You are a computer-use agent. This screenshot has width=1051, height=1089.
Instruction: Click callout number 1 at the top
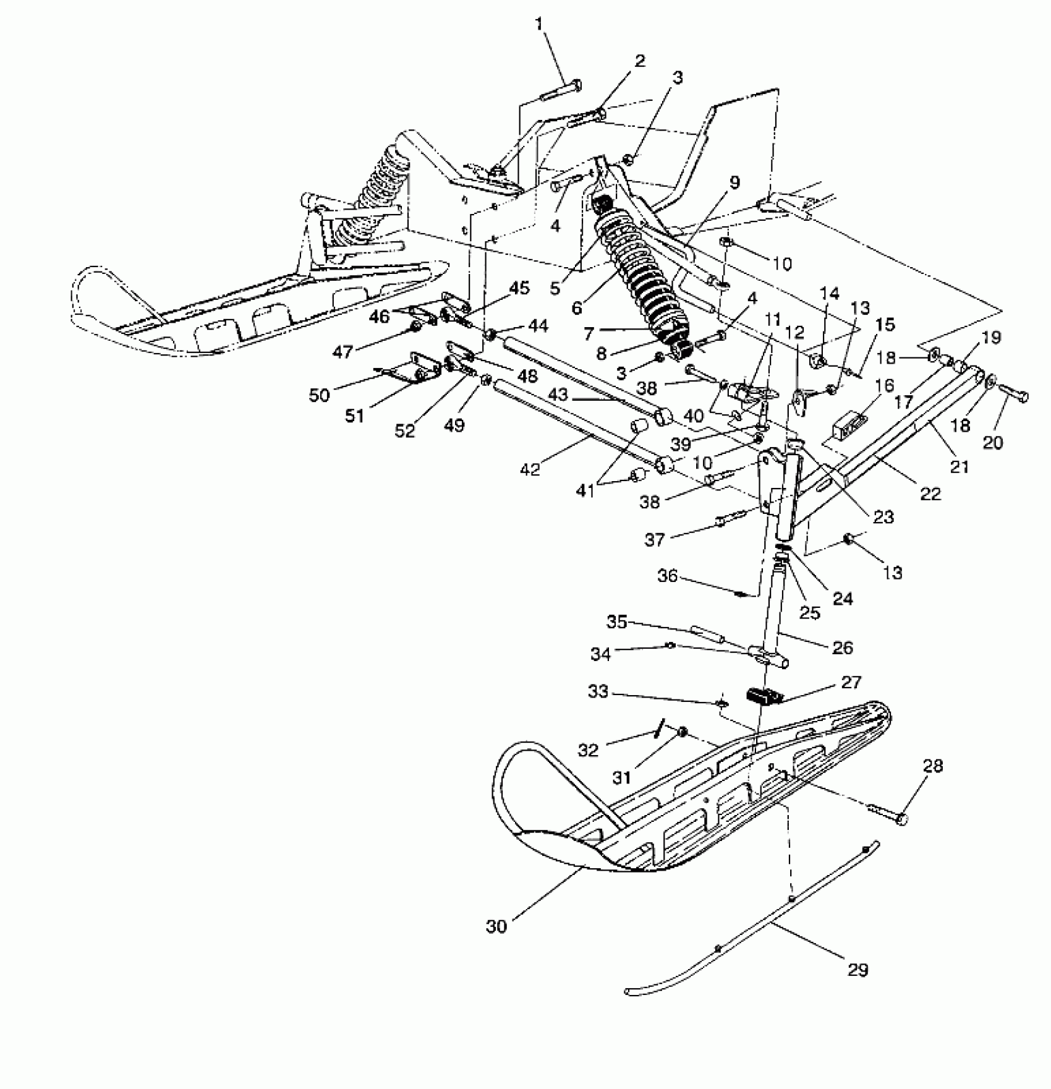pos(540,25)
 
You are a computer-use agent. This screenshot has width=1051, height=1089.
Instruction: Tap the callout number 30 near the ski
pos(496,926)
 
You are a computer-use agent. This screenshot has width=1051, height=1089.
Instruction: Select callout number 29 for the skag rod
pos(859,970)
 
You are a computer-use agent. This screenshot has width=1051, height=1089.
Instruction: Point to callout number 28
pos(933,766)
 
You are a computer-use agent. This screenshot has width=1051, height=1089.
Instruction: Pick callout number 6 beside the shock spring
pos(577,307)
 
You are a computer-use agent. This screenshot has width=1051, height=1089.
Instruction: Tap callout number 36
pos(668,576)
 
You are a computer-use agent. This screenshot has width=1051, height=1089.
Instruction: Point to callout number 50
pos(319,395)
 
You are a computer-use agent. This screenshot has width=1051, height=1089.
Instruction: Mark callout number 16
pos(885,386)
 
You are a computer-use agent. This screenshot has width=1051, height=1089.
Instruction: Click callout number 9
pos(734,182)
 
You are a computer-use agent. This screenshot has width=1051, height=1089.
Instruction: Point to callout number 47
pos(343,352)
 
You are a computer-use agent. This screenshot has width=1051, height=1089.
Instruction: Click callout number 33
pos(598,692)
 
